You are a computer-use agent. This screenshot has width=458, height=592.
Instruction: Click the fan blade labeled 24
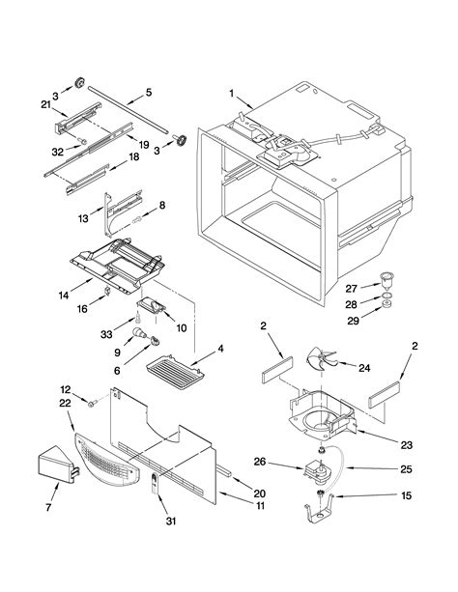[321, 357]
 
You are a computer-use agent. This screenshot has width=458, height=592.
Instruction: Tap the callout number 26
[260, 462]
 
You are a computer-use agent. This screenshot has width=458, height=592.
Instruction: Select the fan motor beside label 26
[318, 471]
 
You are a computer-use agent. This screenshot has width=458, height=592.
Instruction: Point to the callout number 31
[171, 522]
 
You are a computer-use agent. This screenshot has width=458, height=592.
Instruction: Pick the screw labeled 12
[92, 404]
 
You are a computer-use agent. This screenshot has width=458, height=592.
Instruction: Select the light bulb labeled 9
[139, 333]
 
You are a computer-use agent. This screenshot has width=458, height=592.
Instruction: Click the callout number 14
[64, 295]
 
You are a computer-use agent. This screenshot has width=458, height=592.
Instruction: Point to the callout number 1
[232, 93]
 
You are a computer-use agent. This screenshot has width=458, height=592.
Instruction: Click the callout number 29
[353, 321]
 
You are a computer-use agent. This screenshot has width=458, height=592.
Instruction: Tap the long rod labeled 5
[129, 109]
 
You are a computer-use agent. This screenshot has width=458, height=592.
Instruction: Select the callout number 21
[45, 104]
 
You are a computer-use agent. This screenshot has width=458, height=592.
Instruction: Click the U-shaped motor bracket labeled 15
[320, 509]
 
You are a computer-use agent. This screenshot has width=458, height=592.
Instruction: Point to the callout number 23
[406, 445]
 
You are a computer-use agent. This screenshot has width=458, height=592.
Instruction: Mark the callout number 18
[133, 155]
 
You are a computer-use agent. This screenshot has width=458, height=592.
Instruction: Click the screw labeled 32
[81, 141]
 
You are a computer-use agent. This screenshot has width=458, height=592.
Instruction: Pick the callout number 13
[83, 218]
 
